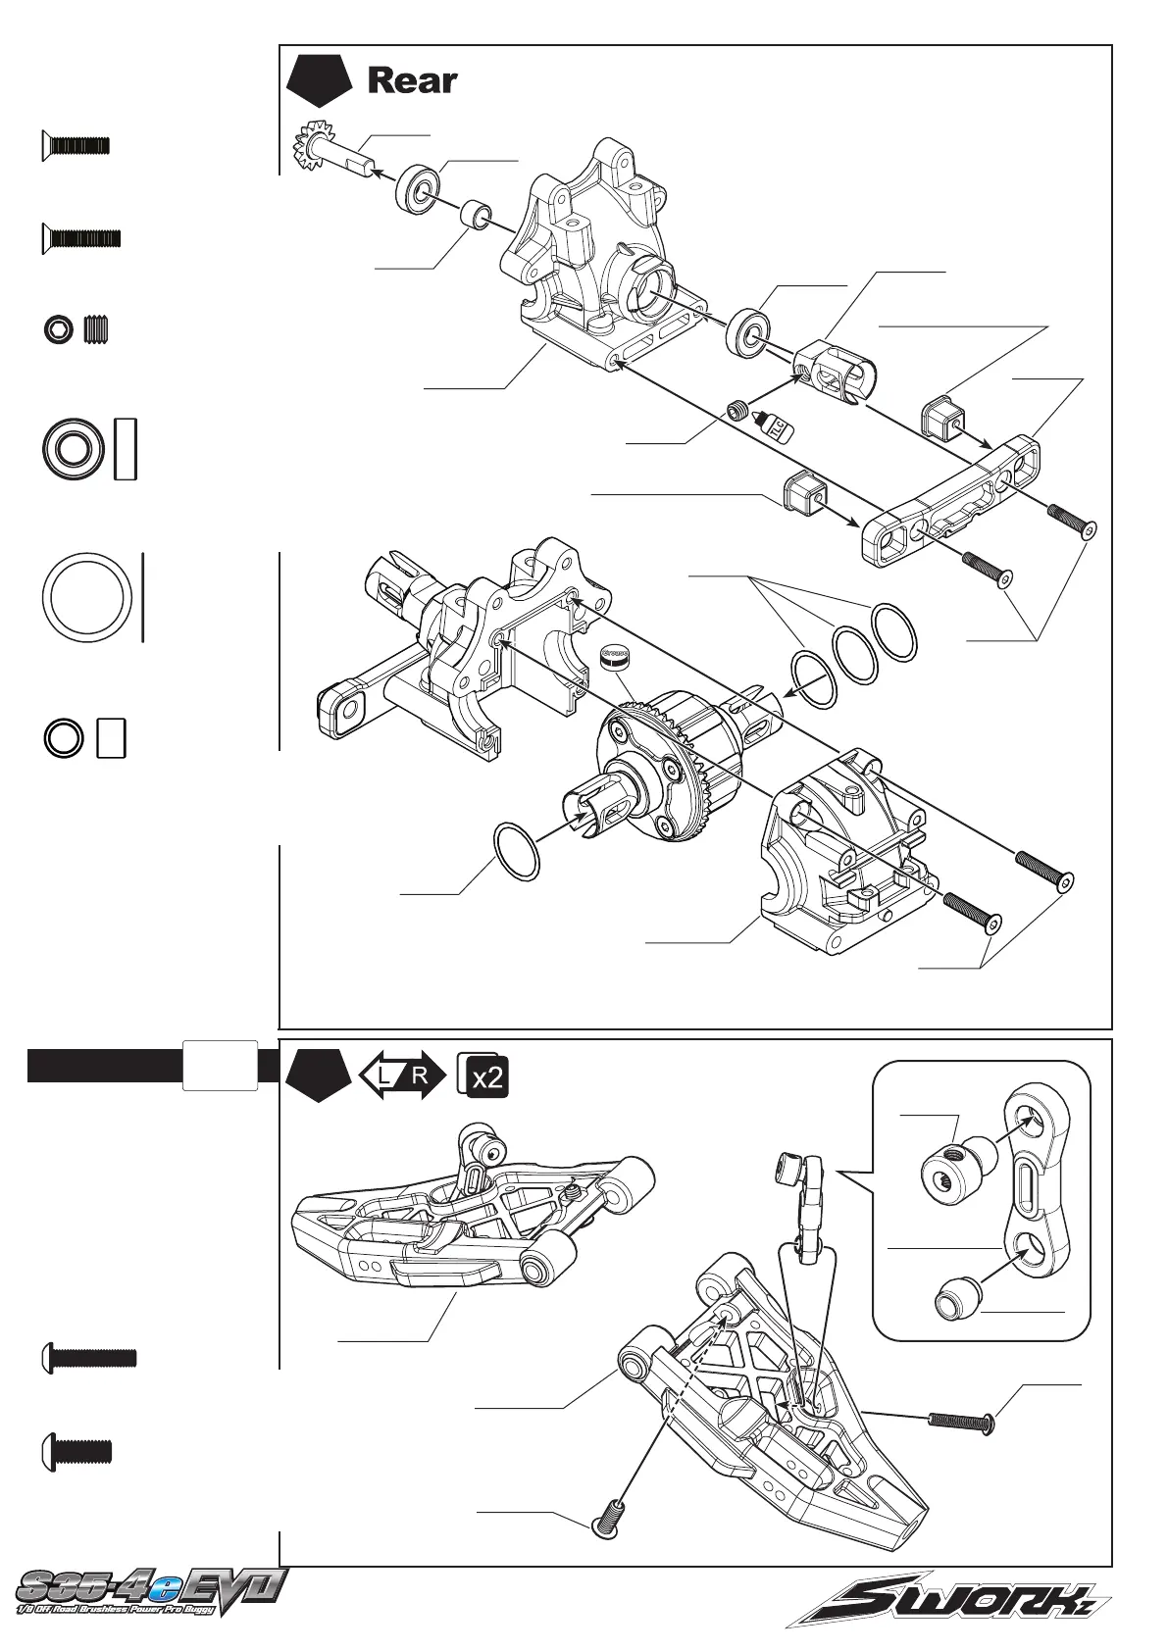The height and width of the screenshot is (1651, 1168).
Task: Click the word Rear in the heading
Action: [x=412, y=81]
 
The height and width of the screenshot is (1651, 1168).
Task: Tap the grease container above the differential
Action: [x=615, y=655]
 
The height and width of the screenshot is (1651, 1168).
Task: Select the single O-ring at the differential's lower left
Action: [x=517, y=849]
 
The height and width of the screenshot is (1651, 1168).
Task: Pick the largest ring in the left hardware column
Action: [x=87, y=598]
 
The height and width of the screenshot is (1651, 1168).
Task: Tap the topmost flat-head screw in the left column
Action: [x=75, y=147]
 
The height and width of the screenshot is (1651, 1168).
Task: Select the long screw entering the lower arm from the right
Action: [x=960, y=1418]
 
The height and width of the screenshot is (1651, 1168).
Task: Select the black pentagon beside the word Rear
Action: [x=319, y=83]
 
